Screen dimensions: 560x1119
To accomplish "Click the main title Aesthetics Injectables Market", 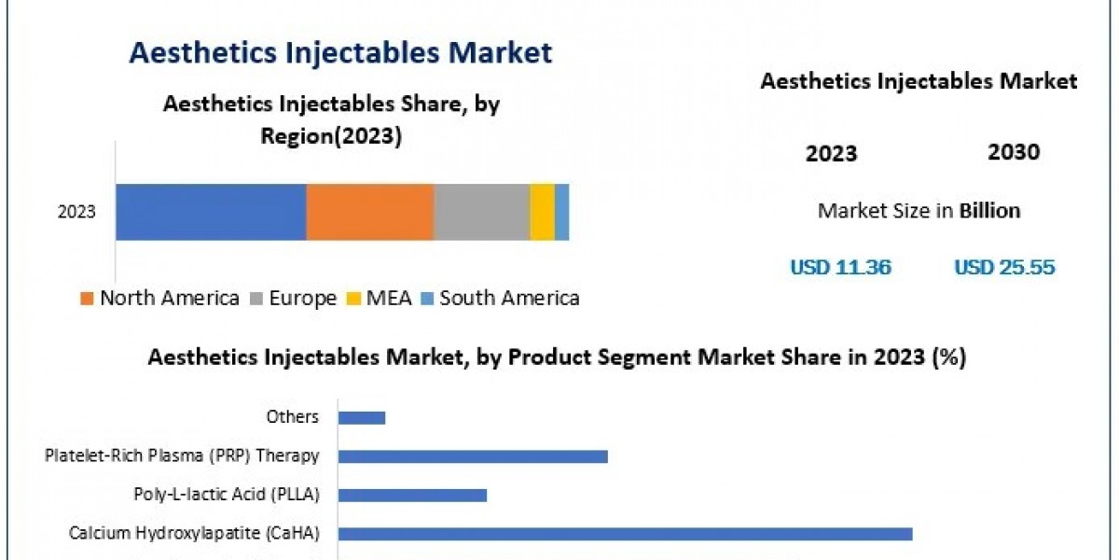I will coord(340,52).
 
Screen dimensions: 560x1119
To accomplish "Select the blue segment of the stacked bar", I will coord(211,212).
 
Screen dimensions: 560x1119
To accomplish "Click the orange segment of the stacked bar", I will coord(370,212).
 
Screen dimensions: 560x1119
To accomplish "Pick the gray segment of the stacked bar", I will coord(481,212).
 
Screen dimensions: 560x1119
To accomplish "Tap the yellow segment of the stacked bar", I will coord(542,212).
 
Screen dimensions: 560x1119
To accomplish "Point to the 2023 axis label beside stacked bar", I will coord(76,213).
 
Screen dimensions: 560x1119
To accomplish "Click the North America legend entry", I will coord(159,299).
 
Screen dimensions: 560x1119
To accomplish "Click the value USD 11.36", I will coord(840,268).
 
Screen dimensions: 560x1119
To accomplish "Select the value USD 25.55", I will coord(1004,268).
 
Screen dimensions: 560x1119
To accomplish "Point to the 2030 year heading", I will coord(1013,152).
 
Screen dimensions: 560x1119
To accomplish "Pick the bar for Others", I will coord(362,417).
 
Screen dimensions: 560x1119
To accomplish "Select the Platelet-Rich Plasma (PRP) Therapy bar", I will coord(473,456).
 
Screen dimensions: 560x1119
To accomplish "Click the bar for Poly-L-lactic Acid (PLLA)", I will coord(412,495).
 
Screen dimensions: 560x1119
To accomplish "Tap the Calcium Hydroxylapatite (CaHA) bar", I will coord(625,534).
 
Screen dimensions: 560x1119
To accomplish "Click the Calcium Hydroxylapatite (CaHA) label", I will coord(194,534).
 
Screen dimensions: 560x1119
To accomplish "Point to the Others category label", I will coord(293,417).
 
